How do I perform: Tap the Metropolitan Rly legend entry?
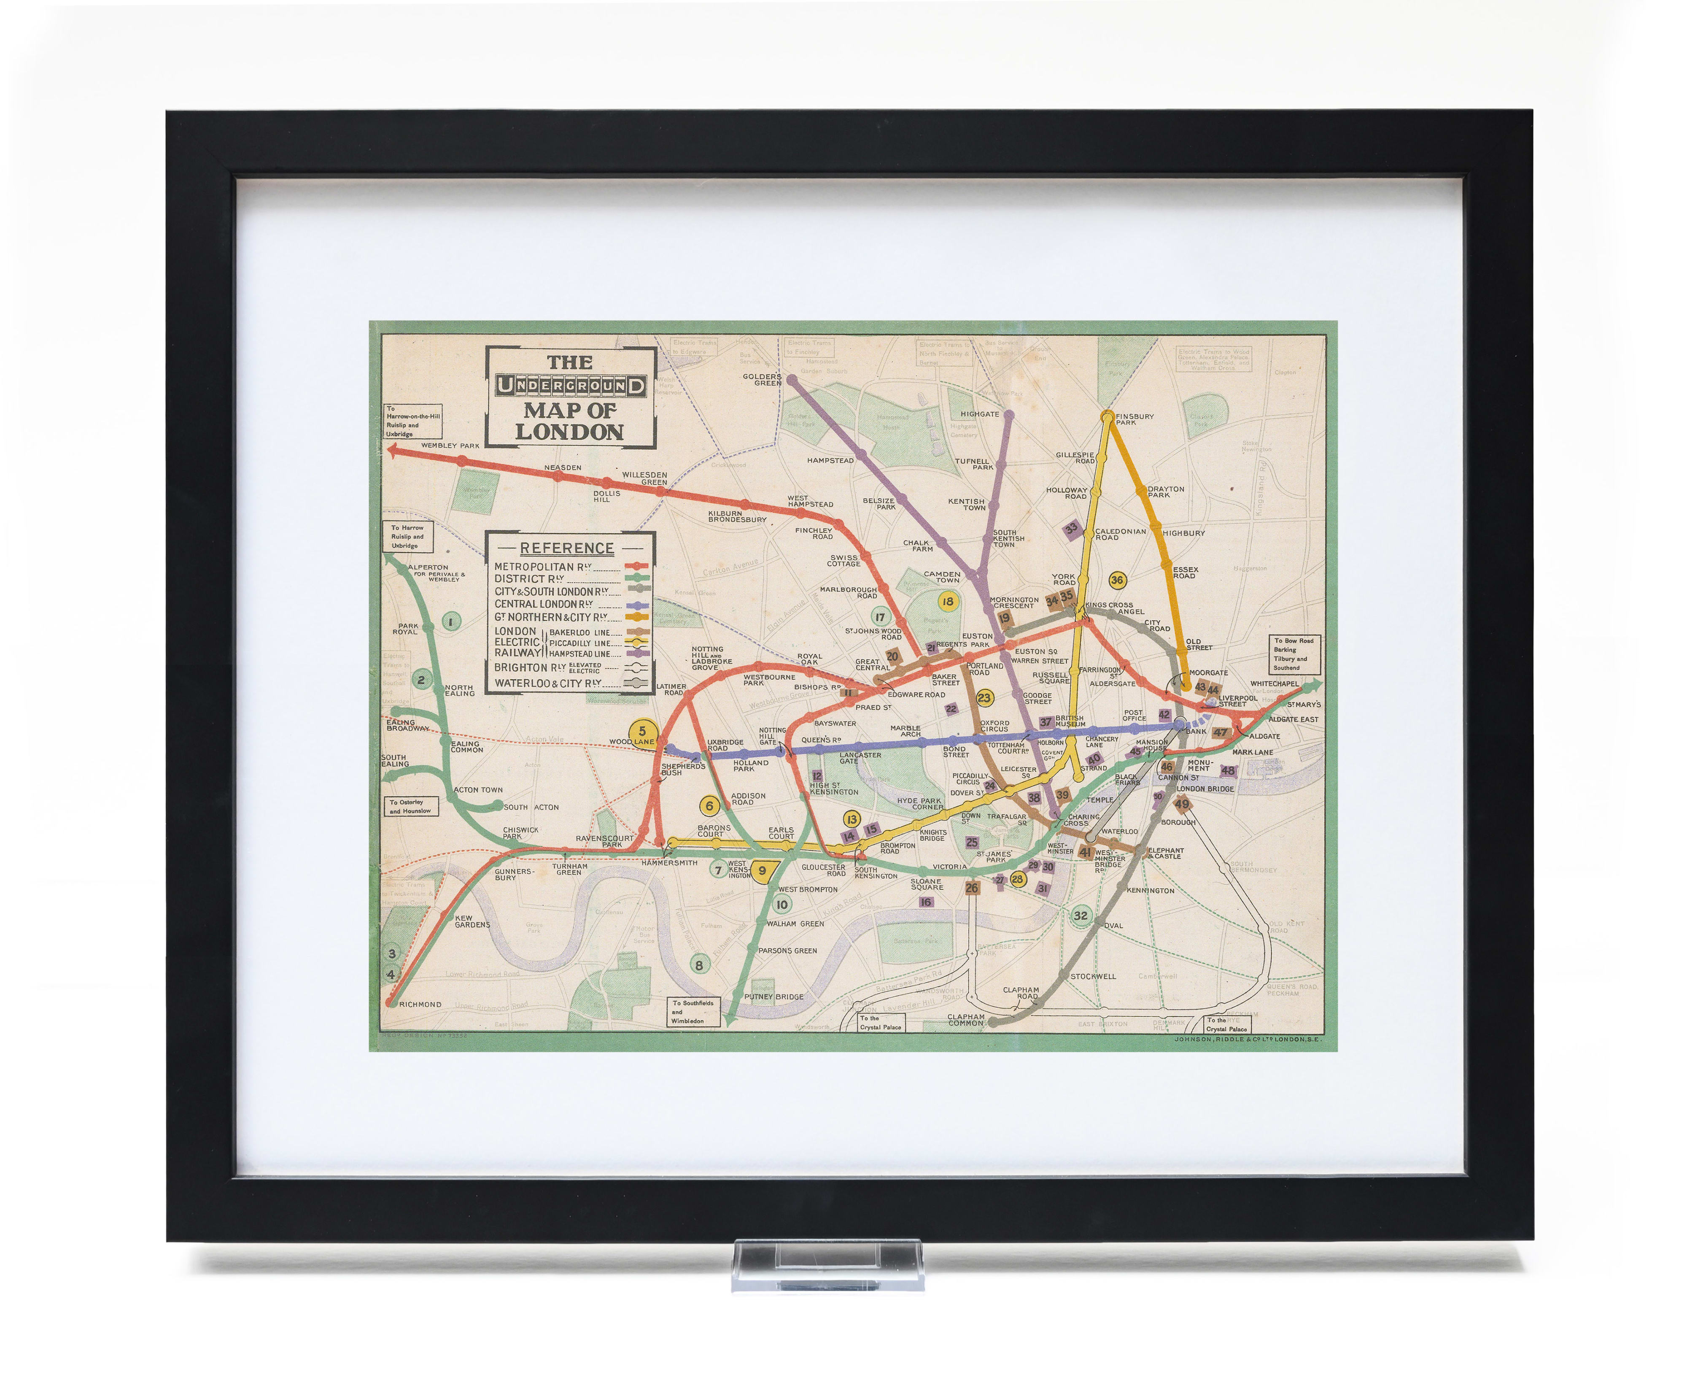(x=543, y=567)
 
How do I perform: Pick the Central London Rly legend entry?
(x=543, y=604)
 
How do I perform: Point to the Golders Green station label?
(x=762, y=379)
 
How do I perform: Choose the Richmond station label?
(x=420, y=1004)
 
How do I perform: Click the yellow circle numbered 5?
(x=642, y=731)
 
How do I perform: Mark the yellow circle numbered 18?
(x=947, y=602)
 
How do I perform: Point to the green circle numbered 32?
(x=1080, y=916)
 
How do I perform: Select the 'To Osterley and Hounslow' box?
(x=410, y=806)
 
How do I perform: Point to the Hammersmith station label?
(x=669, y=862)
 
